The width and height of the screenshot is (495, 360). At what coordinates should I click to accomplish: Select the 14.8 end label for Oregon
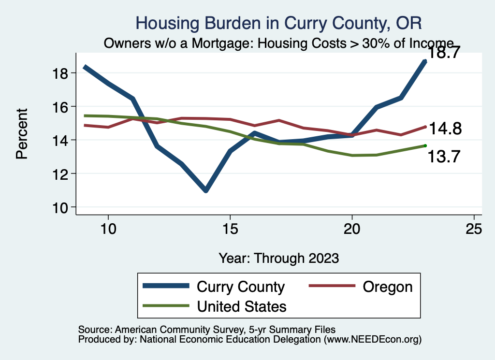tap(445, 129)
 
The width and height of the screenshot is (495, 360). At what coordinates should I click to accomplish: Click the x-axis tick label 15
tap(230, 229)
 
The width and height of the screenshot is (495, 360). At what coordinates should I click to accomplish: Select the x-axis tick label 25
tap(474, 229)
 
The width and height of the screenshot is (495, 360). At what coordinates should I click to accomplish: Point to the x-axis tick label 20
tap(352, 229)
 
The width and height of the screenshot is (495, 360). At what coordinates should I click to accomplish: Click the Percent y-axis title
tap(22, 133)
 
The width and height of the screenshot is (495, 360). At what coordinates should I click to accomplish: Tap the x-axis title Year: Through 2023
tap(278, 258)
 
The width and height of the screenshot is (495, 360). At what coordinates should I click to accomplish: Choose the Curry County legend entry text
tap(241, 287)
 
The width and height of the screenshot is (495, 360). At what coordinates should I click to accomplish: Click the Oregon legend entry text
tap(388, 287)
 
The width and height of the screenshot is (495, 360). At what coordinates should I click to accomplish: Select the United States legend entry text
tap(242, 306)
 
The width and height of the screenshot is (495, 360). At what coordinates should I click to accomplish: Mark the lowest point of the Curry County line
tap(206, 190)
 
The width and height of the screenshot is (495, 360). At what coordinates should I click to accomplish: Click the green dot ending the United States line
tap(425, 145)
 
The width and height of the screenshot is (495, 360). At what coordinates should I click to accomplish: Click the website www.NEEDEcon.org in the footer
tap(372, 340)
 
